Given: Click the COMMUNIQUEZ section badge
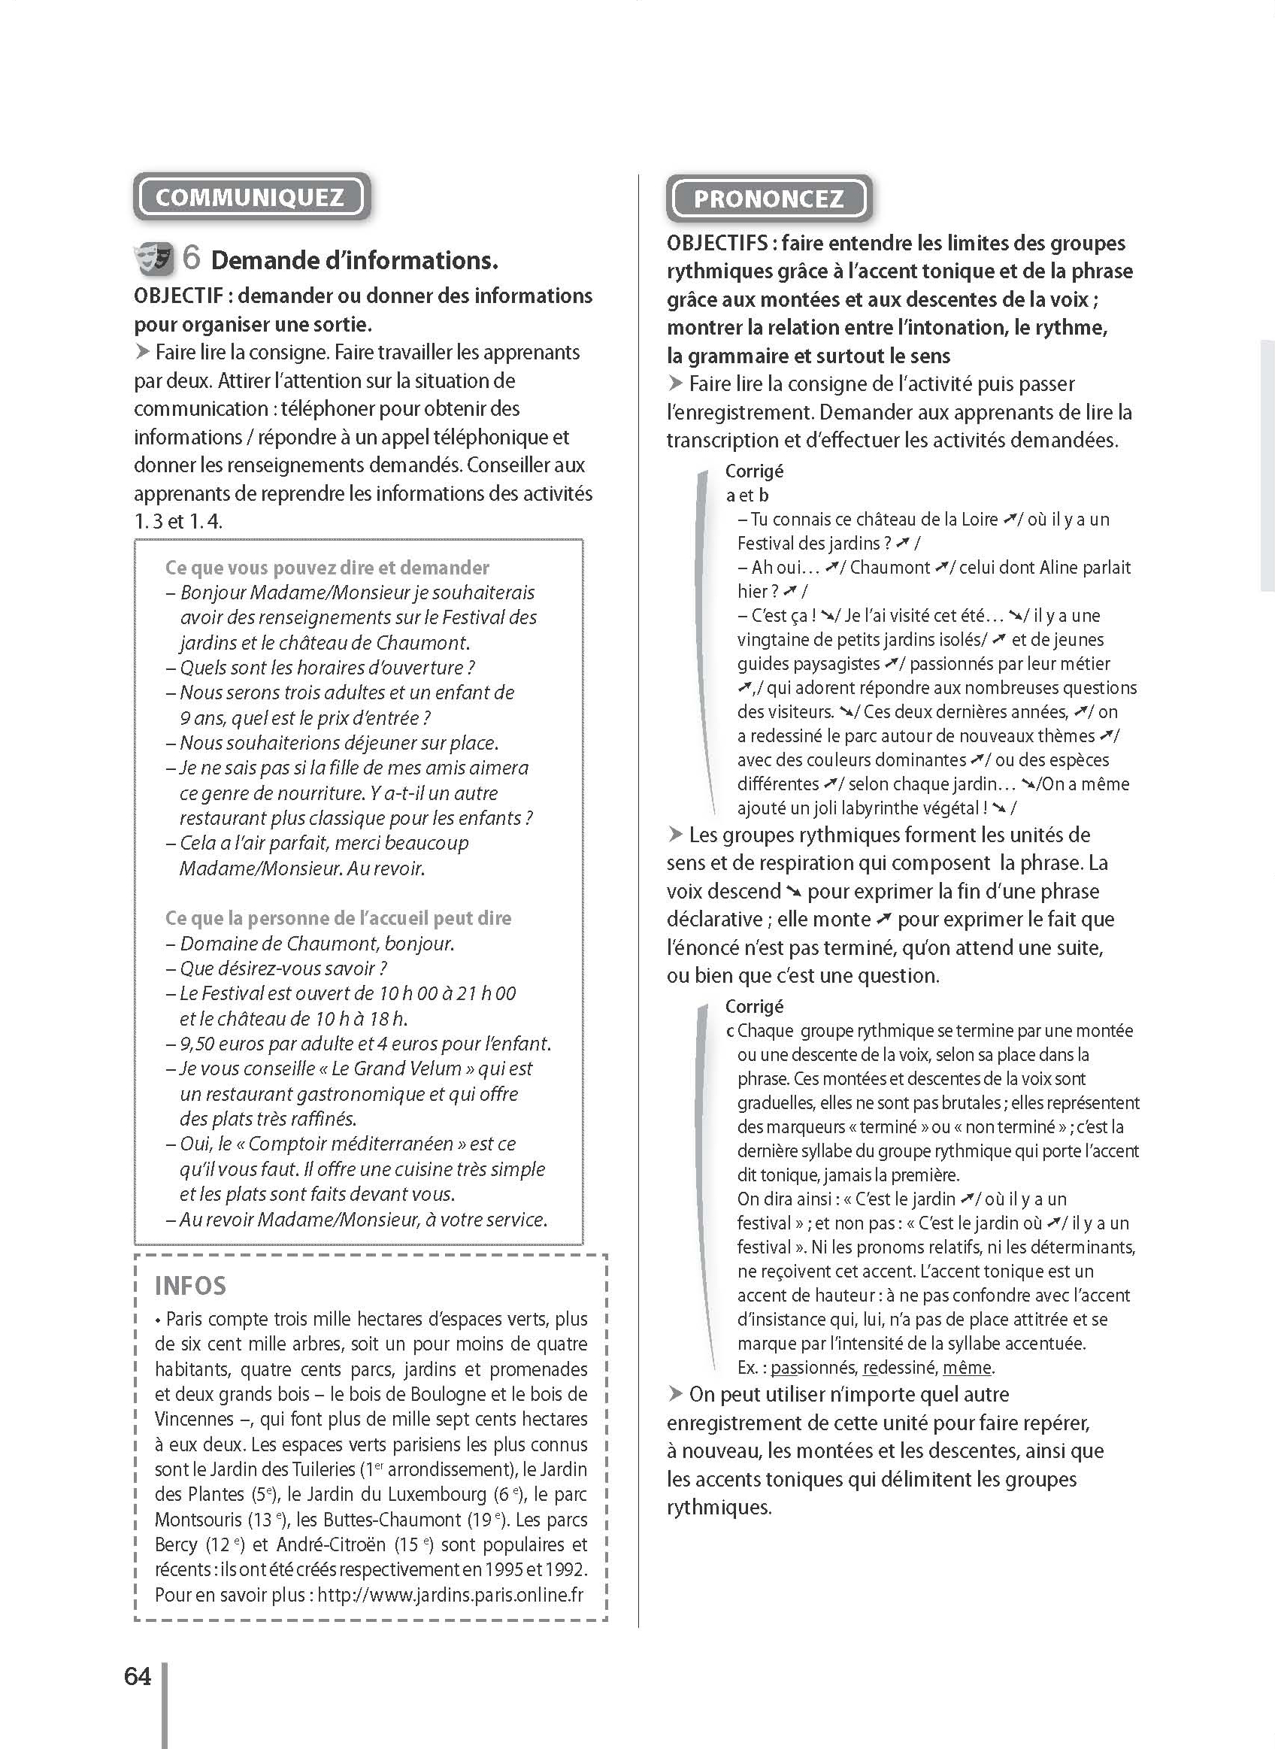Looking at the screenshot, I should [x=251, y=197].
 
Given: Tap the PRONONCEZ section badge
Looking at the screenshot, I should [x=768, y=199].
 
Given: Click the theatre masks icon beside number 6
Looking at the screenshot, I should [x=154, y=258].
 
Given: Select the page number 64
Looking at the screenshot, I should [x=138, y=1677].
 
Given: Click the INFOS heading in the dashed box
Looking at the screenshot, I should [x=191, y=1285].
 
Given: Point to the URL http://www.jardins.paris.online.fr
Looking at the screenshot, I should [x=450, y=1594].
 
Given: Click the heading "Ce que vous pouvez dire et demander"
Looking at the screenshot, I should [x=326, y=567].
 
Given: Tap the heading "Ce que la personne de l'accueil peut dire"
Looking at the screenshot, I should [x=338, y=917].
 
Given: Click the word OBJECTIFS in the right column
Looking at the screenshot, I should [x=716, y=243].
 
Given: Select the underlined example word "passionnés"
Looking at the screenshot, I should [x=813, y=1367].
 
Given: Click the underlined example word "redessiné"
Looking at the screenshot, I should [x=899, y=1367].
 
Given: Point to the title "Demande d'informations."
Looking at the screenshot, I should [x=354, y=261].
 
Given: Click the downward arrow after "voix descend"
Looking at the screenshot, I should [x=793, y=892].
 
